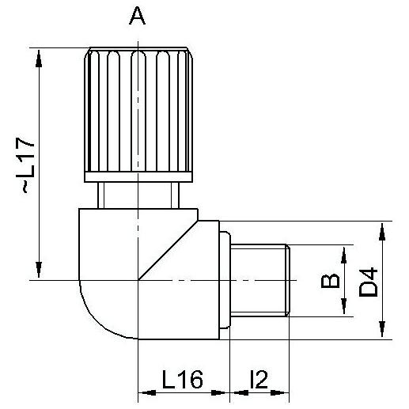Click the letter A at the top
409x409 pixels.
pos(137,16)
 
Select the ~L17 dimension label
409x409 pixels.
pos(25,165)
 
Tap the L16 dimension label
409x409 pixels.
pos(182,379)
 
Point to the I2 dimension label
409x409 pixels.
pos(259,379)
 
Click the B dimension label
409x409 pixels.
pos(330,281)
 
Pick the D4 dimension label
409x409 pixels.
pos(369,282)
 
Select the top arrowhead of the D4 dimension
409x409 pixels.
pos(382,232)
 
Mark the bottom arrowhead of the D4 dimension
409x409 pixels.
pos(382,329)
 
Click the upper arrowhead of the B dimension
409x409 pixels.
pos(343,255)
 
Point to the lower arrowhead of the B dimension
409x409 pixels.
pos(343,306)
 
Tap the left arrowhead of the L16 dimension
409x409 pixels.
pos(147,392)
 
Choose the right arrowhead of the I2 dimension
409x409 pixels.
pos(280,392)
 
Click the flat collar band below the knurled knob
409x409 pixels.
pos(138,177)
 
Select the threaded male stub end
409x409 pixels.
pos(260,281)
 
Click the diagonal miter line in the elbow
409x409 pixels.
pos(169,250)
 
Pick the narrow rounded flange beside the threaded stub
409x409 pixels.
pos(225,280)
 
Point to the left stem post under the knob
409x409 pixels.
pos(100,195)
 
